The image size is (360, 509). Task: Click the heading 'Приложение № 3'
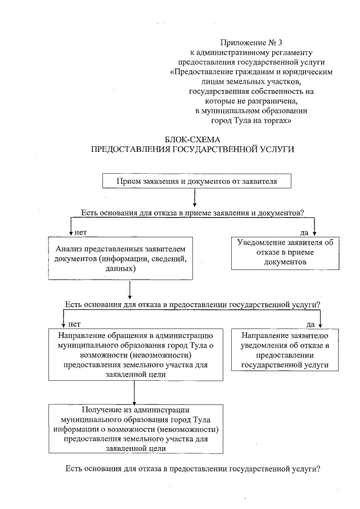tap(250, 42)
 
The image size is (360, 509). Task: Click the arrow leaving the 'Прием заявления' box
tap(194, 197)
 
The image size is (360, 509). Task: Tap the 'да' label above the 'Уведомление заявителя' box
tap(304, 232)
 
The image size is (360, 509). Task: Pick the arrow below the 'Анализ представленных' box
tap(130, 289)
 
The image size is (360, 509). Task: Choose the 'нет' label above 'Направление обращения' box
tap(74, 324)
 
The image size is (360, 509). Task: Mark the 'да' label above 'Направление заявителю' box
tap(310, 324)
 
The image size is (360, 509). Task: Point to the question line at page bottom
tap(193, 469)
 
